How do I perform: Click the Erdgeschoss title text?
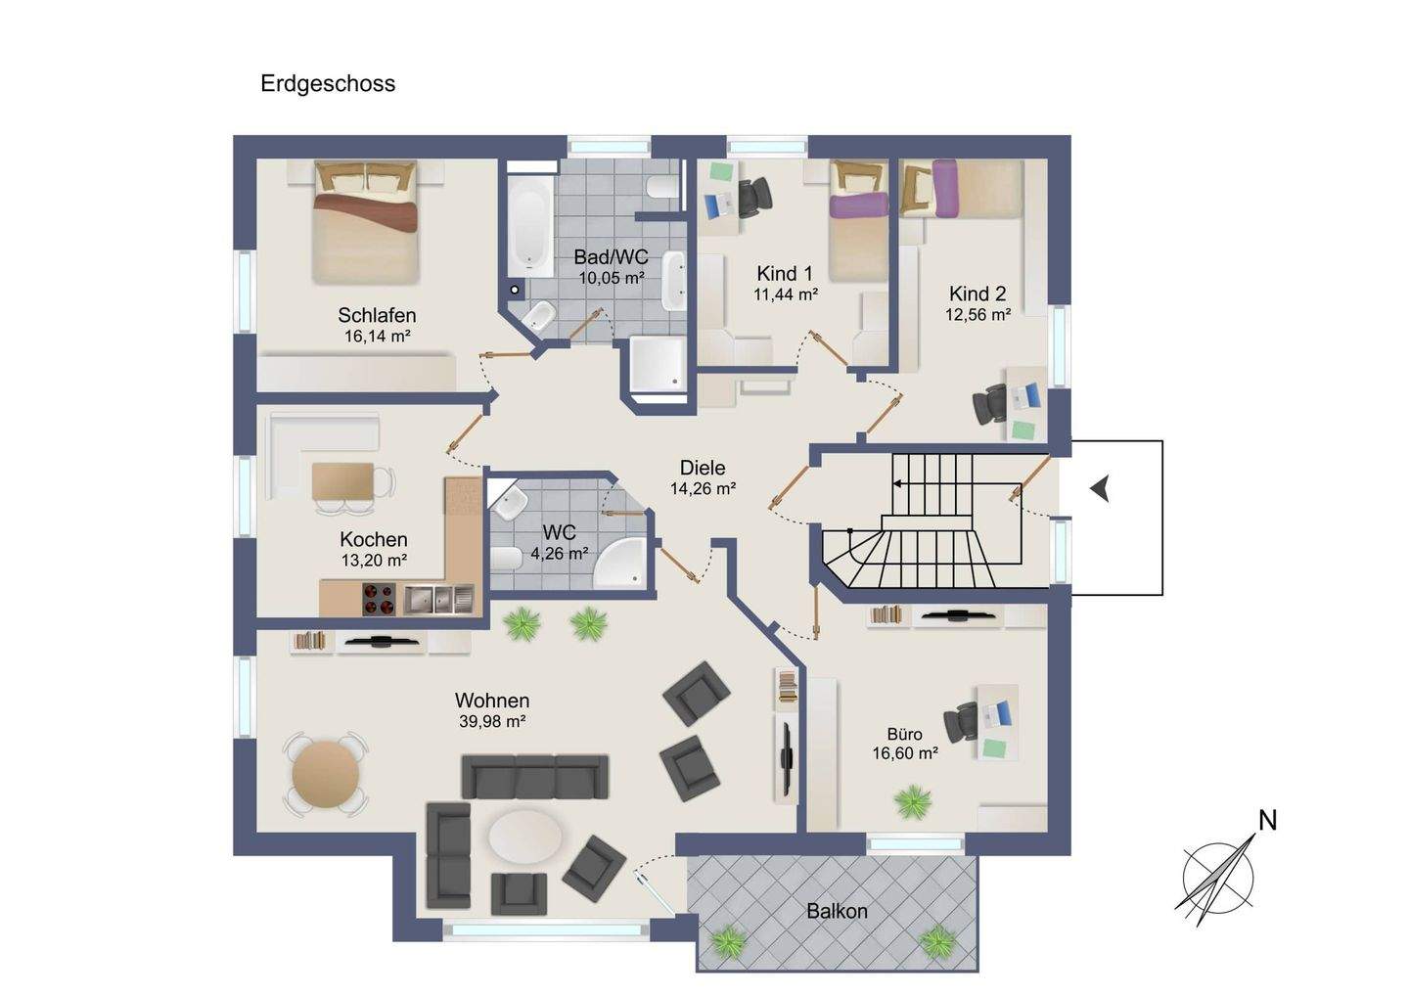[328, 83]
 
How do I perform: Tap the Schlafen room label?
[377, 315]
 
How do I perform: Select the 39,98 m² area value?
[492, 721]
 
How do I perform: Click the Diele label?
[703, 468]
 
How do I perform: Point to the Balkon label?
[837, 911]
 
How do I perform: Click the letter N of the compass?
[1267, 821]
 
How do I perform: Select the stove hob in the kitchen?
[379, 599]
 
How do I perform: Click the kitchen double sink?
[438, 598]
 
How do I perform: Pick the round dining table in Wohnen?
[327, 774]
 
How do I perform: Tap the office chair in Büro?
[961, 722]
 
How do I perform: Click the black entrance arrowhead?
[1100, 489]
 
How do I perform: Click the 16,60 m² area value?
[905, 752]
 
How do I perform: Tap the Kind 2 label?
[977, 294]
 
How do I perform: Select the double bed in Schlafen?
[366, 221]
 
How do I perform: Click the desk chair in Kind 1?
[754, 197]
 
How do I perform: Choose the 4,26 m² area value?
[560, 554]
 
